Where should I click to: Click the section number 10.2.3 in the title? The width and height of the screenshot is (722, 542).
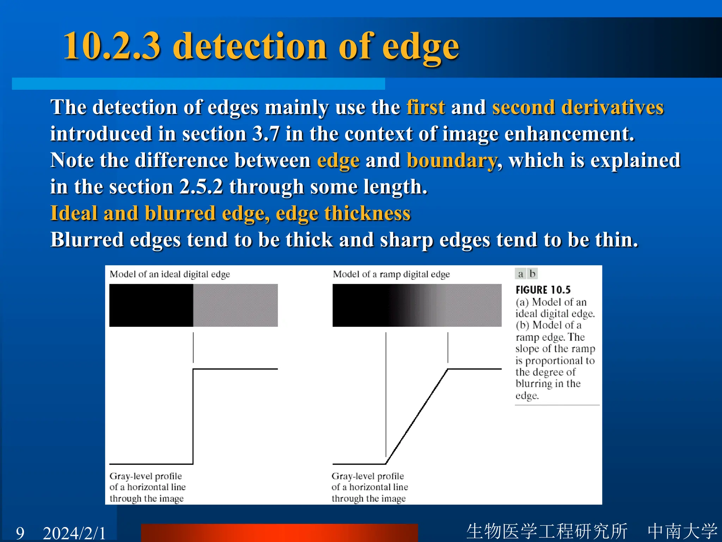pos(112,46)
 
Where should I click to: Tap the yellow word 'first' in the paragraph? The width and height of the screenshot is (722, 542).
pos(426,107)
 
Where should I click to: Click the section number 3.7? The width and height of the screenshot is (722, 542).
pos(266,134)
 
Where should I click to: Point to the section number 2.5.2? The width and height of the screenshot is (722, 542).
pos(201,187)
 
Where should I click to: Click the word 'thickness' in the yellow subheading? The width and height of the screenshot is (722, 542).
pos(367,213)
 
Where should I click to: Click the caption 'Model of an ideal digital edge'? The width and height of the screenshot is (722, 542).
pos(170,274)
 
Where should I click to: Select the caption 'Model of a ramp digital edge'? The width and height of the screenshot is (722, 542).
pos(391,274)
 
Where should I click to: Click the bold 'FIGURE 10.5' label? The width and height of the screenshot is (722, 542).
pos(543,290)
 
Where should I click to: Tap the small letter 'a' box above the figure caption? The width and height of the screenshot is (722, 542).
pos(520,274)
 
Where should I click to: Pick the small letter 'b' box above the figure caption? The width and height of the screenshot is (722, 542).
pos(532,274)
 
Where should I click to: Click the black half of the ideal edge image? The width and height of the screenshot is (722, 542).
pos(151,305)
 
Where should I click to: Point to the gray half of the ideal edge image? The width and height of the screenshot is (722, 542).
pos(235,305)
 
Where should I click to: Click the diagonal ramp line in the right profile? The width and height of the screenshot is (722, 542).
pos(417,416)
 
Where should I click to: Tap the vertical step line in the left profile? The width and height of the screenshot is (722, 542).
pos(193,416)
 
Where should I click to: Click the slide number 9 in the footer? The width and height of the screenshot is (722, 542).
pos(20,532)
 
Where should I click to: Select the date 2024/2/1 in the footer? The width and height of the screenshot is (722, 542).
pos(74,532)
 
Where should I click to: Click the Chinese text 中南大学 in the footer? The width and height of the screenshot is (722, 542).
pos(682,531)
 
